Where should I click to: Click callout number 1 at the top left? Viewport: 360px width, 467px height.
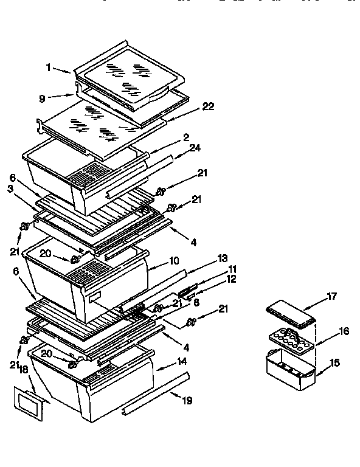tap(49, 68)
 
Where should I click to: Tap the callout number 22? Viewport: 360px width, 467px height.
tap(208, 106)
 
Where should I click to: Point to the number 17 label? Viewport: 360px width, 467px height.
tap(331, 297)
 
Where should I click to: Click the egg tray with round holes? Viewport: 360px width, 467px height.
tap(291, 337)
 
